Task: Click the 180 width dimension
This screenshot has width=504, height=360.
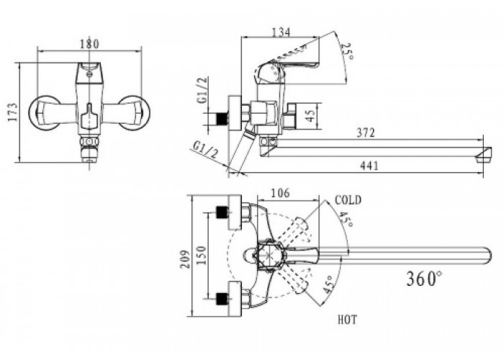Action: click(89, 44)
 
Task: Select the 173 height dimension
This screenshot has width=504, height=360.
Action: click(13, 112)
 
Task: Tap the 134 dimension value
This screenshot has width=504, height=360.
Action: click(281, 32)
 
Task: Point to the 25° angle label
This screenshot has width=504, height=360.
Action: click(347, 51)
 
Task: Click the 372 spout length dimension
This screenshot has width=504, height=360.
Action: click(366, 132)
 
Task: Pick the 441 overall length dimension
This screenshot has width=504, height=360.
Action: click(369, 166)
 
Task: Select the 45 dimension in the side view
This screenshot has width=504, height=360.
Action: click(310, 115)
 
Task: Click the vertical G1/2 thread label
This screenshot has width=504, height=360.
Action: click(202, 90)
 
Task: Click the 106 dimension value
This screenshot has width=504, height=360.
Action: click(280, 193)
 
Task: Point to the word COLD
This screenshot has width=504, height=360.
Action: click(348, 200)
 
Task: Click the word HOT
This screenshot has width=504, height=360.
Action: click(347, 320)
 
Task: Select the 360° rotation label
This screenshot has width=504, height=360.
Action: click(424, 279)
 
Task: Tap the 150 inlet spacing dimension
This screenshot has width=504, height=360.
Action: click(201, 255)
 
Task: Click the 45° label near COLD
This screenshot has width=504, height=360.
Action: click(346, 219)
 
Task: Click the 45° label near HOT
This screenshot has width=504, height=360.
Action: click(328, 284)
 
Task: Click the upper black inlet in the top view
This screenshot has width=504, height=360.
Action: click(221, 212)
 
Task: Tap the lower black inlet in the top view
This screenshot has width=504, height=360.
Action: click(221, 299)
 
